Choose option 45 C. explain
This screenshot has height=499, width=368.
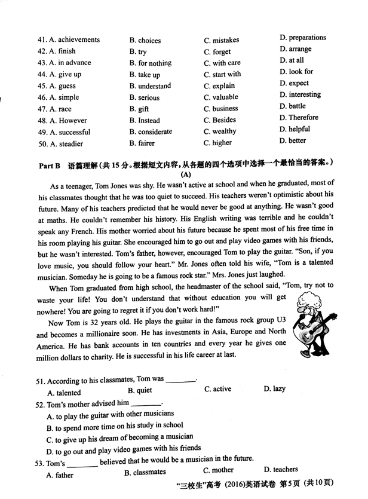pyautogui.click(x=219, y=86)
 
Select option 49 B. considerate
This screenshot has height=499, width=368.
pyautogui.click(x=151, y=132)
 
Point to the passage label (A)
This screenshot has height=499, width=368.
pyautogui.click(x=185, y=175)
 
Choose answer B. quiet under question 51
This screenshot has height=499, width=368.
pyautogui.click(x=140, y=391)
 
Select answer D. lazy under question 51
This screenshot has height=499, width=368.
pyautogui.click(x=275, y=390)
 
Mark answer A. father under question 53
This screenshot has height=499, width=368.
pyautogui.click(x=60, y=476)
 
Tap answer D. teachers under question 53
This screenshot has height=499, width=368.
pyautogui.click(x=281, y=470)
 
